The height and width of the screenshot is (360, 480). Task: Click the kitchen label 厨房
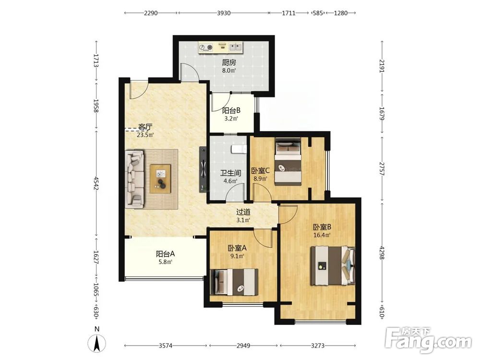pyautogui.click(x=229, y=63)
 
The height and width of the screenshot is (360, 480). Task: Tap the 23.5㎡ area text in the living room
pyautogui.click(x=145, y=135)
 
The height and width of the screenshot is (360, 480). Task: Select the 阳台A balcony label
pyautogui.click(x=165, y=254)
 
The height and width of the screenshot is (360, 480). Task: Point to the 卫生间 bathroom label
pyautogui.click(x=230, y=173)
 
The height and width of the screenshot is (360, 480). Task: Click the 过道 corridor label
pyautogui.click(x=243, y=212)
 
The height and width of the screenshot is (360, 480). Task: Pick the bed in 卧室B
pyautogui.click(x=333, y=266)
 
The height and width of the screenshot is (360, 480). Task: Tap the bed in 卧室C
pyautogui.click(x=288, y=162)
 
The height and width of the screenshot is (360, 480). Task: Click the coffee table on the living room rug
pyautogui.click(x=160, y=179)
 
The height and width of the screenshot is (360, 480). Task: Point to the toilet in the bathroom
pyautogui.click(x=239, y=149)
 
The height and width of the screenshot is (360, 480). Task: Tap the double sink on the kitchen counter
pyautogui.click(x=235, y=47)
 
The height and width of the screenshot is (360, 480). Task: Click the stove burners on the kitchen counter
pyautogui.click(x=206, y=47)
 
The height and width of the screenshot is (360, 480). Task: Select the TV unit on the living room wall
pyautogui.click(x=203, y=169)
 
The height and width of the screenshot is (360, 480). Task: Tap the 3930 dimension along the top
pyautogui.click(x=224, y=13)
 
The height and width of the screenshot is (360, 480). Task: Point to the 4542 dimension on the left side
pyautogui.click(x=96, y=183)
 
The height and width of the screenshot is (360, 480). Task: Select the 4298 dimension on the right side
pyautogui.click(x=382, y=252)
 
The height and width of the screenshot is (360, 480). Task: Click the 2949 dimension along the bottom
pyautogui.click(x=243, y=346)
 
